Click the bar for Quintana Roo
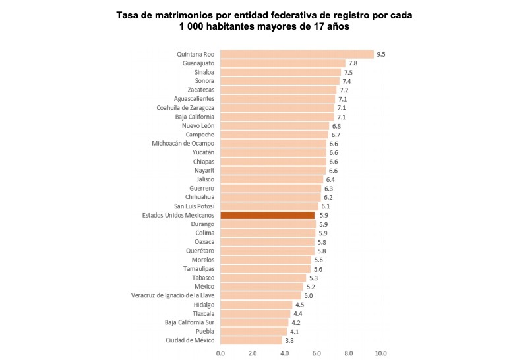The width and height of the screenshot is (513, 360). (297, 54)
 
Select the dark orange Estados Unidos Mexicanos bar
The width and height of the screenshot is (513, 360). (267, 215)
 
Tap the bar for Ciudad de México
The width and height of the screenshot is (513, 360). (251, 340)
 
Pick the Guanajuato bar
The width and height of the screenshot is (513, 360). (283, 63)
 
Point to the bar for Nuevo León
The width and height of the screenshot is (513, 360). (274, 125)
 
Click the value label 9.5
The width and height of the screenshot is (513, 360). (381, 54)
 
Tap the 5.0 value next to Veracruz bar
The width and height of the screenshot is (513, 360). (309, 295)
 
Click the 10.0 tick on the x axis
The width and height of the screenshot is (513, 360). (380, 353)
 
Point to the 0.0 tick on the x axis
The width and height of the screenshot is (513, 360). (220, 353)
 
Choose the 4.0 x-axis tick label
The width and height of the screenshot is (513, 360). (284, 353)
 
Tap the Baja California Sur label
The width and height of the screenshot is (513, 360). (189, 322)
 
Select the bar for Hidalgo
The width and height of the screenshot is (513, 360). (256, 305)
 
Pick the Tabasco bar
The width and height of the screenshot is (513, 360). (262, 278)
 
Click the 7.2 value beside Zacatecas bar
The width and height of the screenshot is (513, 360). (344, 90)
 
